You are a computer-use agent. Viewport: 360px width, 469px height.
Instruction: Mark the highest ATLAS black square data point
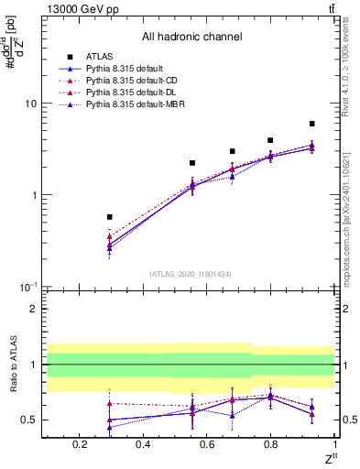(312, 124)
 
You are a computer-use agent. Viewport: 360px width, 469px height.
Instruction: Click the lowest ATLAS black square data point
(110, 217)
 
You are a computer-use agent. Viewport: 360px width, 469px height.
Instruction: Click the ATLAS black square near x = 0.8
(270, 140)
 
